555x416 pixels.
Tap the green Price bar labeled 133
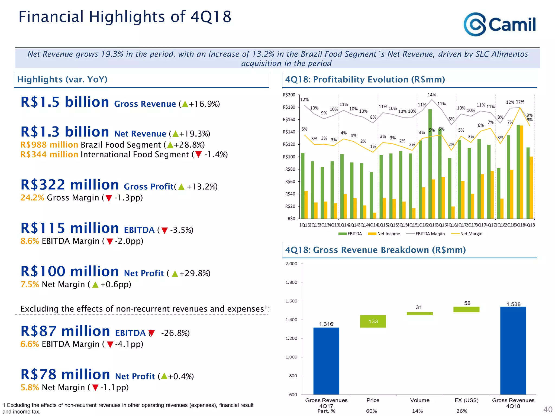(x=373, y=321)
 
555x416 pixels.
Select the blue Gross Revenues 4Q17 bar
(x=326, y=361)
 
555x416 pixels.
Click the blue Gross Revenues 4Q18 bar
(x=513, y=350)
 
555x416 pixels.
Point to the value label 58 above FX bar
(x=467, y=303)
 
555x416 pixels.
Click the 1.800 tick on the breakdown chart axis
(x=291, y=282)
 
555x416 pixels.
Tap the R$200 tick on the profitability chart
(x=289, y=95)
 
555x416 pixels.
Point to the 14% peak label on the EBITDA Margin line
(x=432, y=95)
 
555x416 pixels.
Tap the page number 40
(x=548, y=409)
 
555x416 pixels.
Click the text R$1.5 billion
(x=65, y=102)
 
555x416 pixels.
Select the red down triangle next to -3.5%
(x=164, y=230)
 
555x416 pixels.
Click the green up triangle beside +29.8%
(x=175, y=274)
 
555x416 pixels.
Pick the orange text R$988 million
(x=49, y=145)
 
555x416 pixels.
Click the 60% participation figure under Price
(x=371, y=411)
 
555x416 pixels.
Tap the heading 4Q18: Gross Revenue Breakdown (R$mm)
(x=375, y=250)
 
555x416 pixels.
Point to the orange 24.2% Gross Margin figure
(x=32, y=198)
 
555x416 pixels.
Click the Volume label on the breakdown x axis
(x=420, y=400)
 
